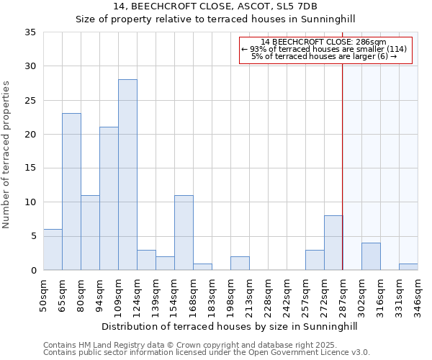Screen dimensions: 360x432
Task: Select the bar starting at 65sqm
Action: pos(71,192)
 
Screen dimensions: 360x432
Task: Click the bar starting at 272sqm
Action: pos(333,243)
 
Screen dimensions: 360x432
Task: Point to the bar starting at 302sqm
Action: pos(371,256)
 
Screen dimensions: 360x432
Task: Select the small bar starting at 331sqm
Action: pos(408,267)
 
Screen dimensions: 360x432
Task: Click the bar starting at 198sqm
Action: pos(240,264)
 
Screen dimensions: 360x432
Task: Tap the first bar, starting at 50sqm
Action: pos(53,250)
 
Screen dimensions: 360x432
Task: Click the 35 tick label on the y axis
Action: pos(30,32)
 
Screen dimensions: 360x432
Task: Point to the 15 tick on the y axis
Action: pos(30,168)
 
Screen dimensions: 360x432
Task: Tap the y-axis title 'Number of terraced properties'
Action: pos(7,155)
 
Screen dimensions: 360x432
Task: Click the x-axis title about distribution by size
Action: pos(229,326)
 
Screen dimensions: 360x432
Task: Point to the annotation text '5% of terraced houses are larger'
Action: pos(324,56)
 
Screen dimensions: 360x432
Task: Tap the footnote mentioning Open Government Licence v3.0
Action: pos(207,353)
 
